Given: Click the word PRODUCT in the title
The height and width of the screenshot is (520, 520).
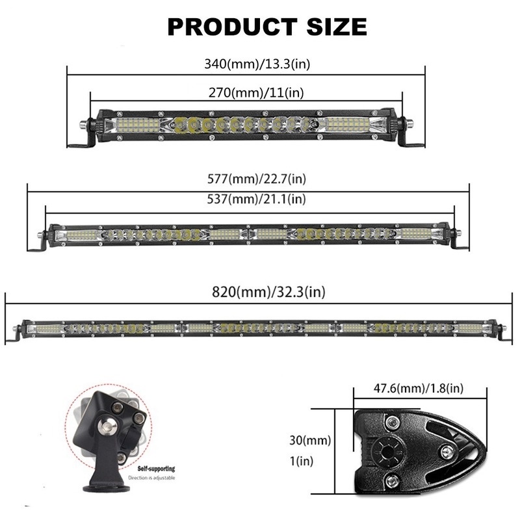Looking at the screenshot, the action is click(232, 27).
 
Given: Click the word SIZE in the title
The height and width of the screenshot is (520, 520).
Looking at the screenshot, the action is click(337, 27).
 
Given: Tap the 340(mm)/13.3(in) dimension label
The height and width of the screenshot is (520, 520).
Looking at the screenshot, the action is click(257, 64).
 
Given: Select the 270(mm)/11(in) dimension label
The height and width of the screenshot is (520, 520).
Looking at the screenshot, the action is click(256, 92).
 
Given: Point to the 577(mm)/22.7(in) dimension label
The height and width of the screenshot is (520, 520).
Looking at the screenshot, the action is click(257, 179).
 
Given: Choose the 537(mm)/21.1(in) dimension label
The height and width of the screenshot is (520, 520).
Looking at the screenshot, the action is click(256, 199).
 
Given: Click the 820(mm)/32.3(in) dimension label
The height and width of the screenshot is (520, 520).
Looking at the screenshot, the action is click(268, 292).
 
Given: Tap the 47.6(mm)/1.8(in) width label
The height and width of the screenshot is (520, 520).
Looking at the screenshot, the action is click(419, 388).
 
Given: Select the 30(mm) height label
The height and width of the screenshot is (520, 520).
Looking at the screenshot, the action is click(310, 441).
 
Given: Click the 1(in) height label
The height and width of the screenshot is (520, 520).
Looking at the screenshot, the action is click(302, 461).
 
